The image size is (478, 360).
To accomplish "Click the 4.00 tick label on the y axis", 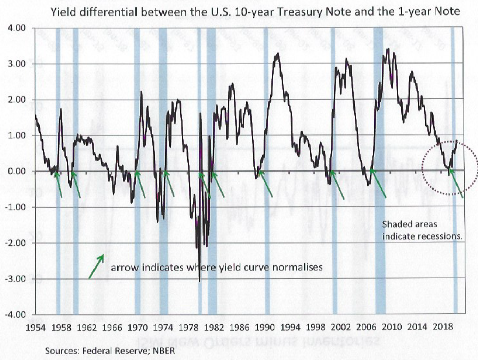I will (17, 28).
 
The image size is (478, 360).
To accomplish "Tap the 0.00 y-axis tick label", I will (17, 172).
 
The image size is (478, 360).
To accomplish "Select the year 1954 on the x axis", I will (36, 327).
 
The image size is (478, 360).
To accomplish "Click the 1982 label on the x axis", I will (214, 327).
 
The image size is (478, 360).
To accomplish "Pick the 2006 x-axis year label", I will (366, 327).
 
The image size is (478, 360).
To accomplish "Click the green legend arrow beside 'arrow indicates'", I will (96, 267).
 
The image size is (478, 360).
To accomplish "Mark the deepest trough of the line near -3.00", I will (200, 281).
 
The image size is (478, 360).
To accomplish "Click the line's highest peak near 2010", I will (388, 49).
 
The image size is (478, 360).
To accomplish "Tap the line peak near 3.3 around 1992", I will (278, 53).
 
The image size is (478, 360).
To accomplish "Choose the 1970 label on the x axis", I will (138, 327).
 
